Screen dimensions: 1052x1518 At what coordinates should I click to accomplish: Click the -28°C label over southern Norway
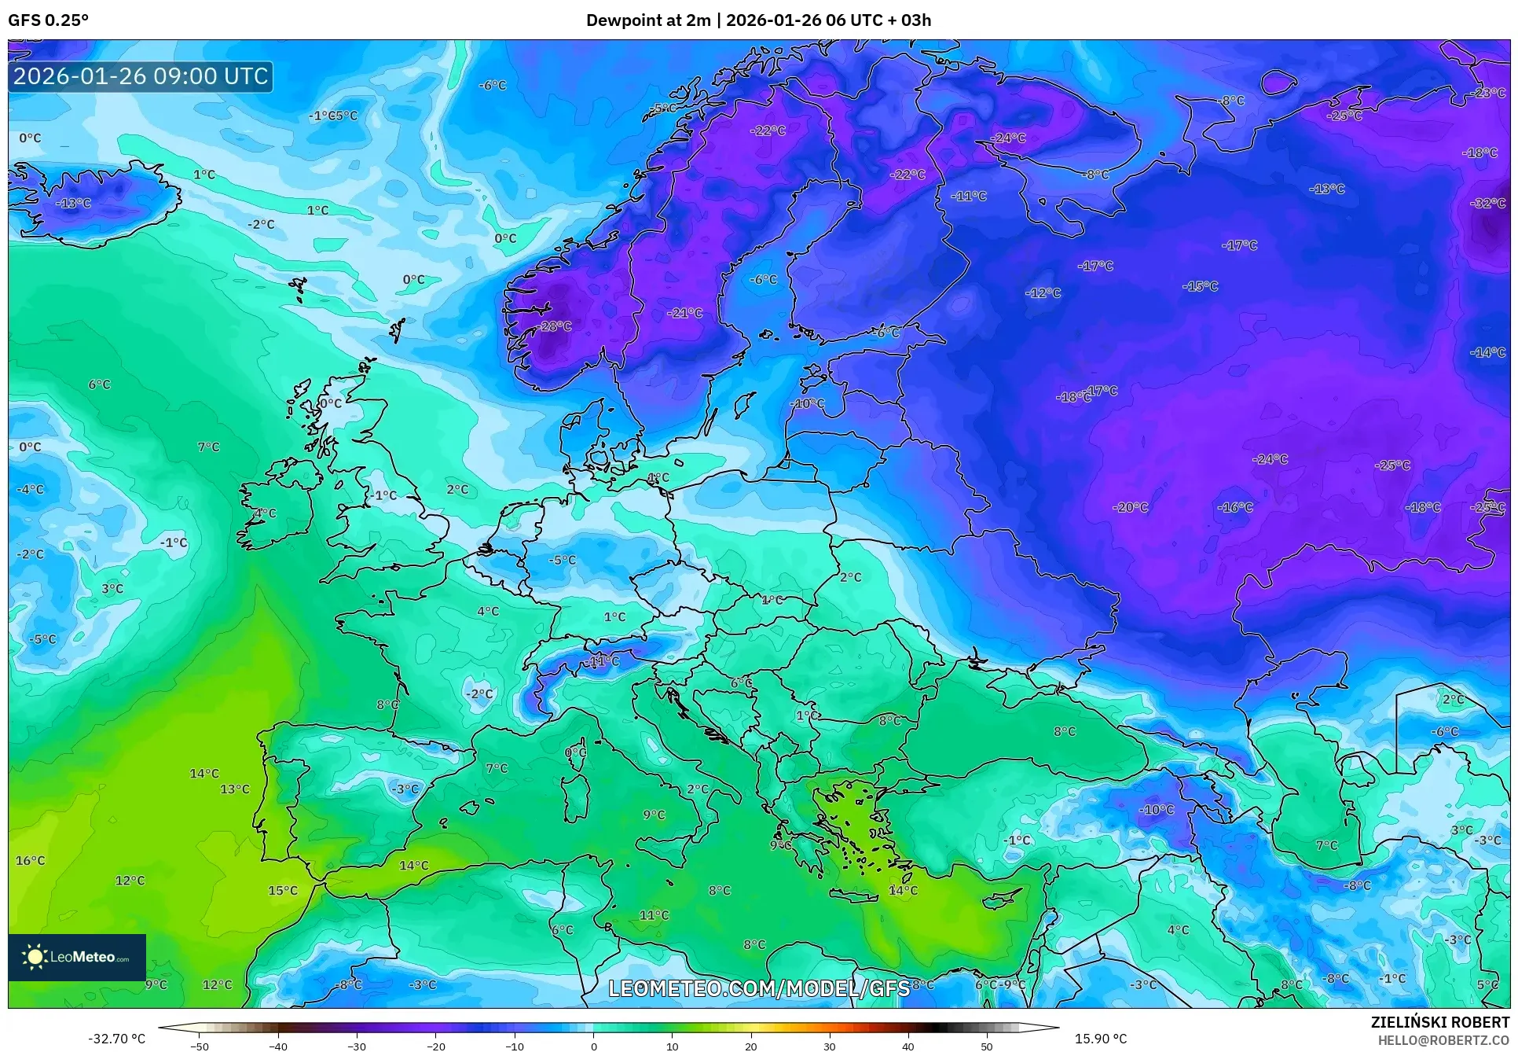pyautogui.click(x=555, y=326)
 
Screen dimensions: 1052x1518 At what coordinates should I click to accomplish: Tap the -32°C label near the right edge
pyautogui.click(x=1488, y=203)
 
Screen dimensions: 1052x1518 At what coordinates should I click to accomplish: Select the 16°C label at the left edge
pyautogui.click(x=31, y=860)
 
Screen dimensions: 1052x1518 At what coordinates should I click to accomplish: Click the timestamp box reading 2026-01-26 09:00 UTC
pyautogui.click(x=141, y=76)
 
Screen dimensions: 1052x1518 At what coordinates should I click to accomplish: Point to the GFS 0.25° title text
pyautogui.click(x=48, y=20)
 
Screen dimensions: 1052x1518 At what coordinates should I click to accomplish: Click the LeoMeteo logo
pyautogui.click(x=77, y=957)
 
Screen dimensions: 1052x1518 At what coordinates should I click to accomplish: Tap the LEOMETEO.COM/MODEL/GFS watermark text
pyautogui.click(x=759, y=988)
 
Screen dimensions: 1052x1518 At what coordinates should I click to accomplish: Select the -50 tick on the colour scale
pyautogui.click(x=200, y=1046)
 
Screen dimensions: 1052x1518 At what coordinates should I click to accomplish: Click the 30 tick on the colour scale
pyautogui.click(x=830, y=1046)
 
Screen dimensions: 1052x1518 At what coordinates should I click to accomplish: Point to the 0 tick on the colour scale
pyautogui.click(x=593, y=1046)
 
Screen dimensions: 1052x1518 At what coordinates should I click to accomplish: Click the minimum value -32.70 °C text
pyautogui.click(x=116, y=1039)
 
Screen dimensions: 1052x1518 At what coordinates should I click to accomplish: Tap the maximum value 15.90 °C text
pyautogui.click(x=1101, y=1039)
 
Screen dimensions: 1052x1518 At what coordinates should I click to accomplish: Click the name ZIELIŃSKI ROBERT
pyautogui.click(x=1439, y=1022)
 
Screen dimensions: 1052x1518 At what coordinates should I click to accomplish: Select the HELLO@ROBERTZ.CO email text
pyautogui.click(x=1443, y=1040)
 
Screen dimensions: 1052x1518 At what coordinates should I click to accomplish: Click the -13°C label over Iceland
pyautogui.click(x=73, y=203)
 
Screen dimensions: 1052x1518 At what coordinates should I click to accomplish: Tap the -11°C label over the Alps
pyautogui.click(x=601, y=660)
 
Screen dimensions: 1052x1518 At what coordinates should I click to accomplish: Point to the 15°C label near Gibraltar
pyautogui.click(x=283, y=890)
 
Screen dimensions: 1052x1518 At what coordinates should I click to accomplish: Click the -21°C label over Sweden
pyautogui.click(x=684, y=313)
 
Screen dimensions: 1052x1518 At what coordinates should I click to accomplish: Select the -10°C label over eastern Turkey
pyautogui.click(x=1157, y=809)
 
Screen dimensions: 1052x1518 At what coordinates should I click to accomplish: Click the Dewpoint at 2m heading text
pyautogui.click(x=648, y=20)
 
